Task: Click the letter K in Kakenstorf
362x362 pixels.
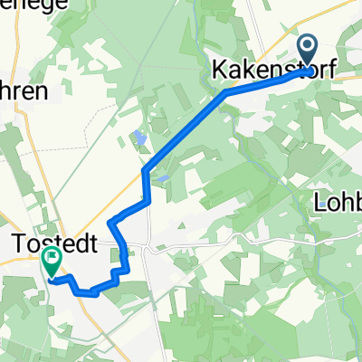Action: point(219,70)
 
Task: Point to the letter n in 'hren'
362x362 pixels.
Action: point(40,91)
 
